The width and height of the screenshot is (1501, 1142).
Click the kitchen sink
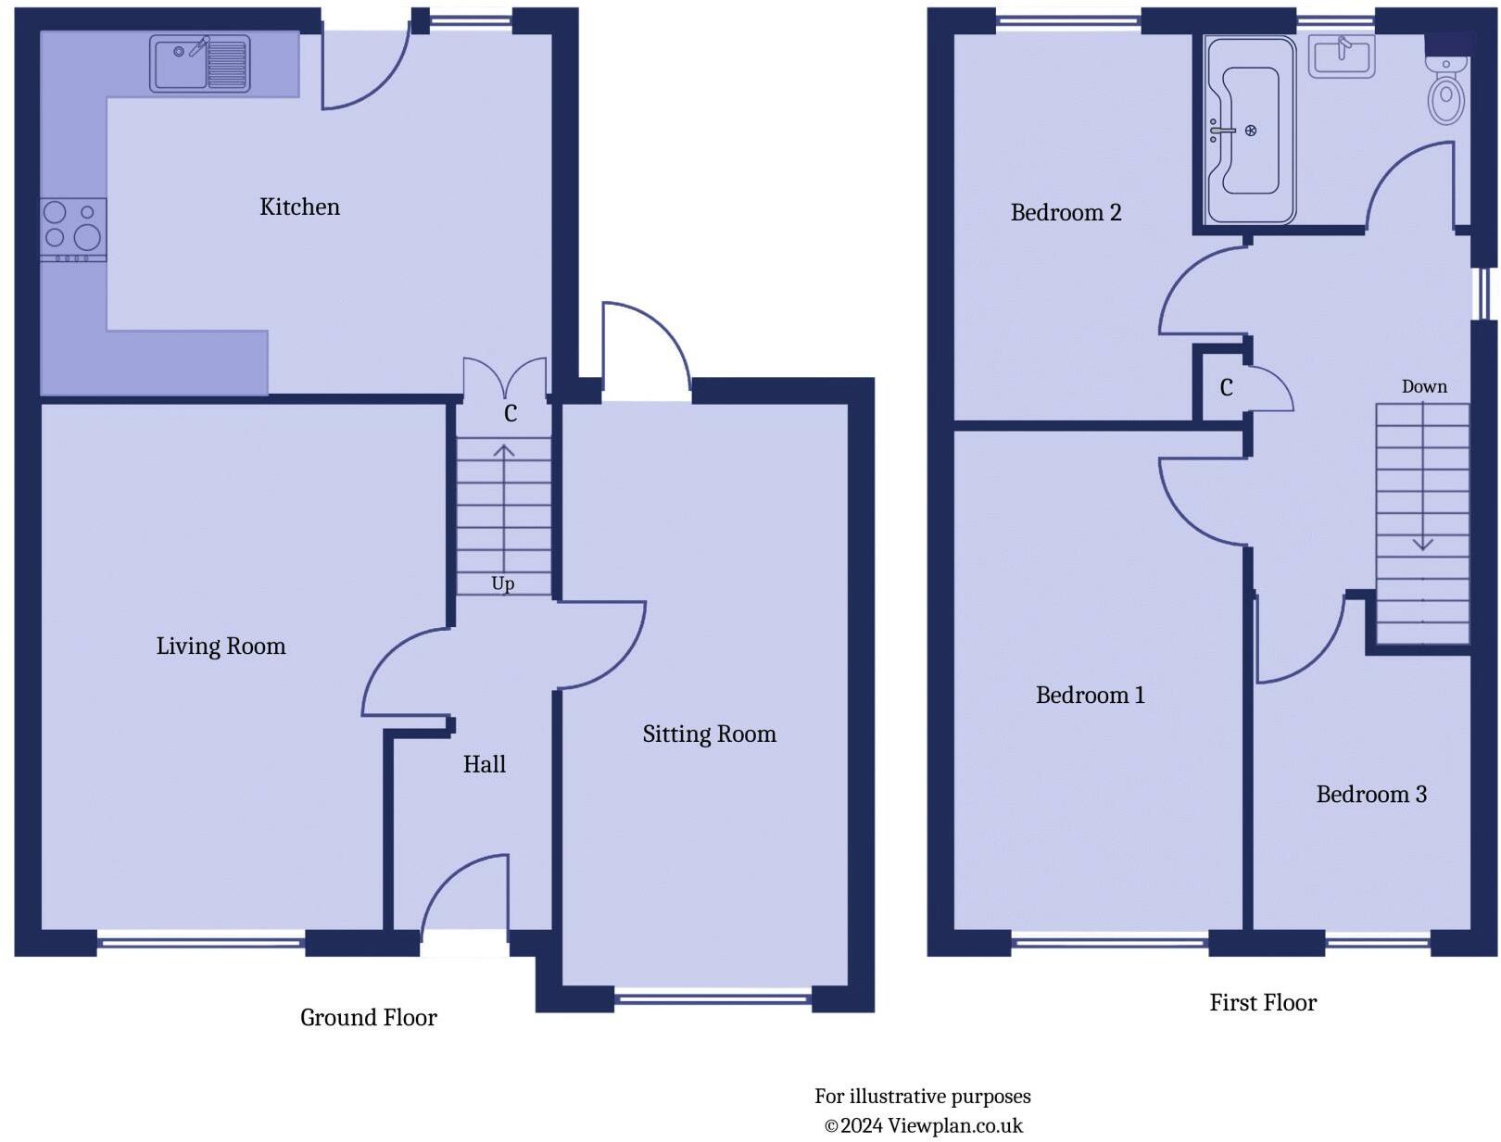(x=200, y=64)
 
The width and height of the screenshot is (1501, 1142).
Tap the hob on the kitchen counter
(x=73, y=228)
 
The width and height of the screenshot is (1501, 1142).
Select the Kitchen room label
(x=299, y=207)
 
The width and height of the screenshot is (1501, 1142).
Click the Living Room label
(x=221, y=646)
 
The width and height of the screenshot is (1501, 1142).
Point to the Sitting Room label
(x=709, y=734)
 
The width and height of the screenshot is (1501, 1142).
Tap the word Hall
(x=484, y=764)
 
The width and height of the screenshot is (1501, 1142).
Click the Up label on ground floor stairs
(x=502, y=584)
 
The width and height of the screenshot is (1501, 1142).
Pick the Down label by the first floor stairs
(x=1423, y=386)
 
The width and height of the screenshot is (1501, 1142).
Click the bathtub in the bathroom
(x=1249, y=130)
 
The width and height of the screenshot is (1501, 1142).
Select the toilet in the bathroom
(x=1445, y=90)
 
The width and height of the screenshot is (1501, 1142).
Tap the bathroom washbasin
(x=1341, y=56)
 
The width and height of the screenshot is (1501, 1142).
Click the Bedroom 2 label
(x=1066, y=212)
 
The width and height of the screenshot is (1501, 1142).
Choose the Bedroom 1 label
(x=1090, y=695)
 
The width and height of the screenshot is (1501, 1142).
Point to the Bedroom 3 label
(x=1370, y=794)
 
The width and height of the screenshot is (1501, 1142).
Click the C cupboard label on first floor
(x=1226, y=388)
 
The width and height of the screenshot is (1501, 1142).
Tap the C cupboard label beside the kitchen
(x=510, y=413)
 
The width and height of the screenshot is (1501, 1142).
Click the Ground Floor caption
(x=368, y=1017)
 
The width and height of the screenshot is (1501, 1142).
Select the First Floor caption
(x=1262, y=1002)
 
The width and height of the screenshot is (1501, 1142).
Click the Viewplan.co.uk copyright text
(x=923, y=1125)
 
